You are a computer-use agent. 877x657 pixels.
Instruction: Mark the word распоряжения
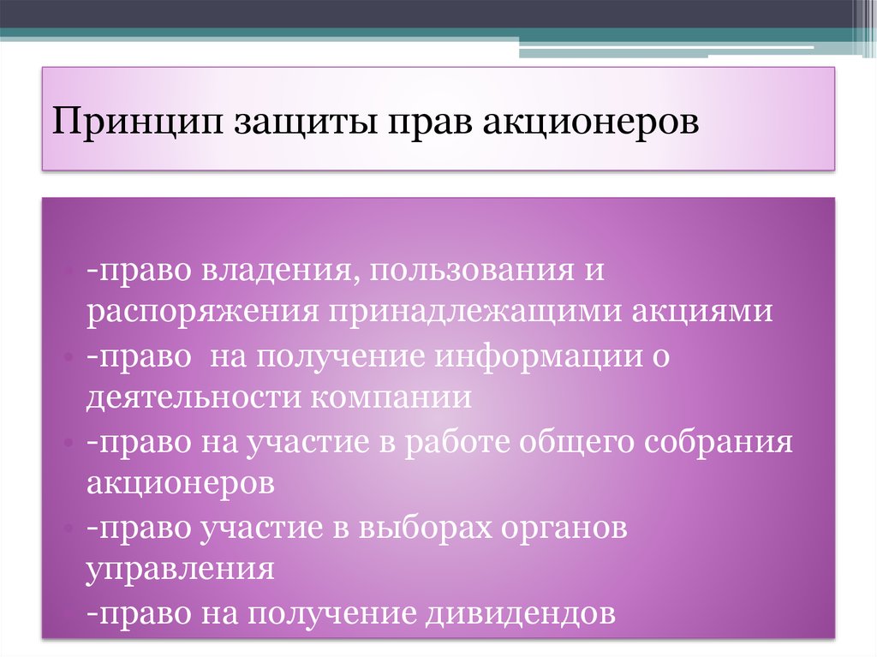point(198,313)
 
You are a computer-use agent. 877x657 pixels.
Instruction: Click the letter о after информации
point(659,357)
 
